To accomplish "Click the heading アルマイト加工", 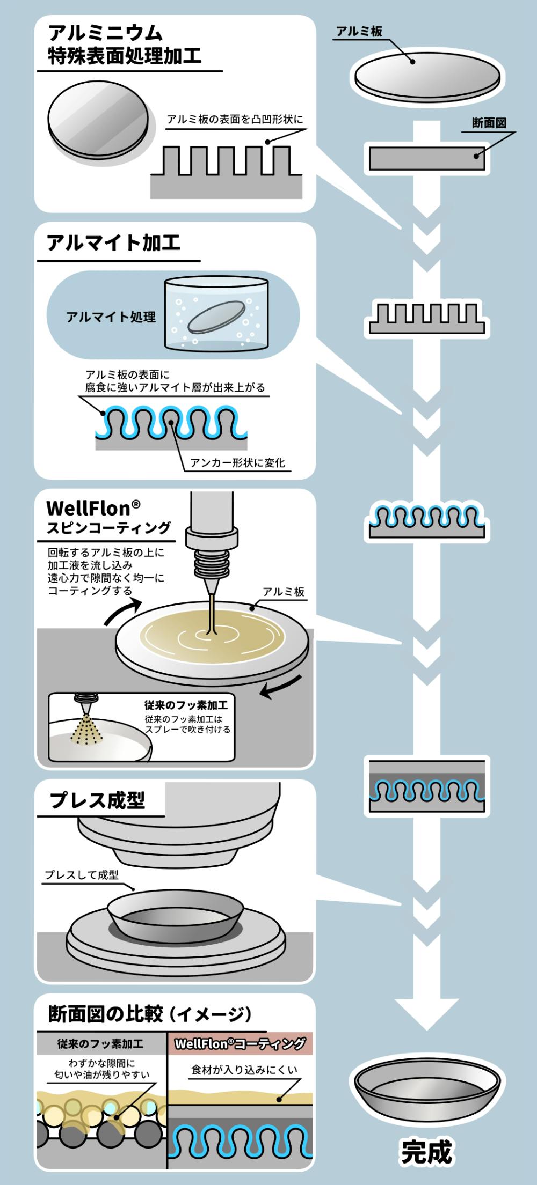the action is click(x=113, y=243).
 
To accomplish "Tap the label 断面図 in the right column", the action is click(x=489, y=123).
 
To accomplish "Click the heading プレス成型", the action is click(x=97, y=800).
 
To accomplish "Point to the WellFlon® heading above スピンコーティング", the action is click(x=93, y=507).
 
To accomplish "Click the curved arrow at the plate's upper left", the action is click(x=122, y=610).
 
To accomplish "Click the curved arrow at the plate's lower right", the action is click(x=280, y=687).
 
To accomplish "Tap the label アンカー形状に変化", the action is click(x=238, y=462).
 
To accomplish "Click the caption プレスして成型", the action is click(x=82, y=875).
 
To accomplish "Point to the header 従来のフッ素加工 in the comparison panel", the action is click(x=100, y=1044).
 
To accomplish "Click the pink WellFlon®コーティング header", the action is click(x=240, y=1043).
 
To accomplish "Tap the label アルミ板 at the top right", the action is click(x=359, y=32).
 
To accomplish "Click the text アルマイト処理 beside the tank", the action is click(x=111, y=317).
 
